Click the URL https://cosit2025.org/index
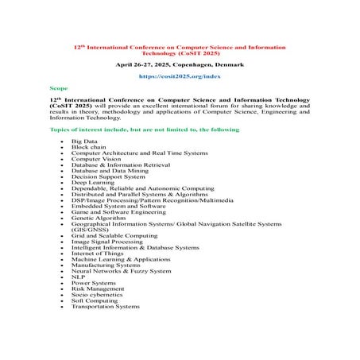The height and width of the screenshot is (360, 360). pyautogui.click(x=179, y=75)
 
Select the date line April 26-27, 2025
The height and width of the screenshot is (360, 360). pyautogui.click(x=179, y=61)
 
